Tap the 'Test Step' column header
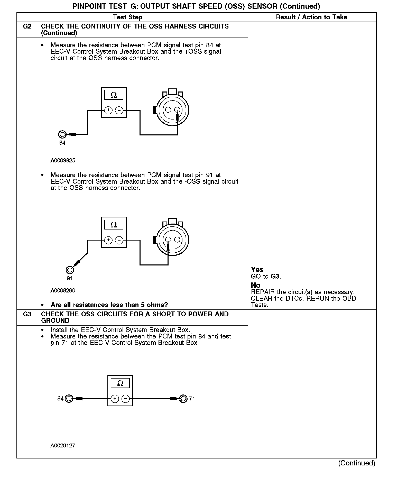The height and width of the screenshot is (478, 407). [128, 17]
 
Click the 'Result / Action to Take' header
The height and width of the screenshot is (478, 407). [311, 17]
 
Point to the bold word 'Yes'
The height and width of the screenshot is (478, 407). [257, 270]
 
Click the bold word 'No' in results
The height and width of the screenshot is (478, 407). [256, 285]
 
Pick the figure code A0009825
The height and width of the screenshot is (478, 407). [63, 161]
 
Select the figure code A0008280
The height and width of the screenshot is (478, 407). [63, 291]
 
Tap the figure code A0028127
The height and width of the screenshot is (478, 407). [63, 446]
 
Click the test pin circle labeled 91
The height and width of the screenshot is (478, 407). [70, 270]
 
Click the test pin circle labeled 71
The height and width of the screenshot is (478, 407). [183, 399]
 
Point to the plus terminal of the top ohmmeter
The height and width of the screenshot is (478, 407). [108, 110]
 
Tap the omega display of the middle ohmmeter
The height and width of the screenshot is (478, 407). [114, 225]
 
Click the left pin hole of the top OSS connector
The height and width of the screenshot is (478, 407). [168, 110]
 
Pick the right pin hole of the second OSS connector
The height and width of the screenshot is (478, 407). [177, 240]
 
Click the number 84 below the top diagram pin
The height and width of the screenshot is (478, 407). [62, 143]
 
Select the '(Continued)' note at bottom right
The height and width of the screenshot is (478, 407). [357, 463]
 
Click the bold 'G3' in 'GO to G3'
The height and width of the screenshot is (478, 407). [275, 277]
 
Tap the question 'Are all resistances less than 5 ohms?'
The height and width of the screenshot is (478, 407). [109, 305]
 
